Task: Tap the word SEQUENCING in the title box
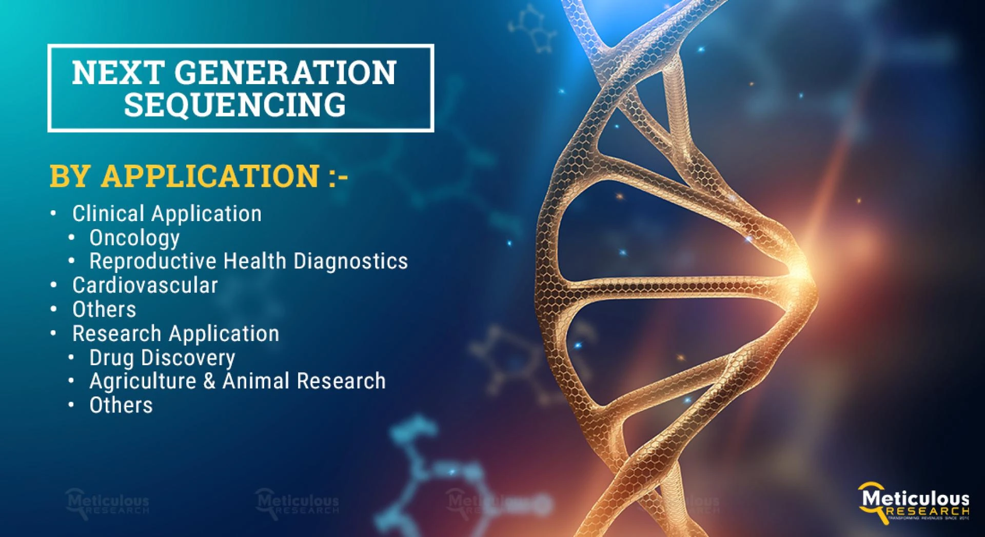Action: (x=235, y=105)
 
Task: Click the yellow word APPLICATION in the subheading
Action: (x=210, y=175)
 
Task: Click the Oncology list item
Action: (x=134, y=238)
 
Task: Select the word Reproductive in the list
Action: (x=153, y=262)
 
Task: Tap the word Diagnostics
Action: (x=350, y=262)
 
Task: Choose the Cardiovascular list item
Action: (x=145, y=286)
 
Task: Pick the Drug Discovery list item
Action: (x=162, y=357)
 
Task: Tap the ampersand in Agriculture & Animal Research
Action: (x=209, y=382)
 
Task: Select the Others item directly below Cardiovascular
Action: (x=104, y=310)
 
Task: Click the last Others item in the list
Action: (x=121, y=406)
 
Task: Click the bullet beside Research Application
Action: (x=53, y=333)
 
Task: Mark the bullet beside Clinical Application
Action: (x=53, y=213)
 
